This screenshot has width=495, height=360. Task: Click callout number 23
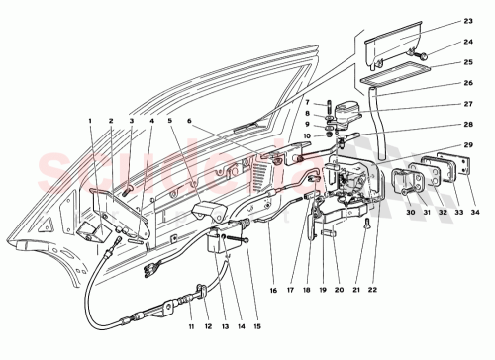(x=468, y=20)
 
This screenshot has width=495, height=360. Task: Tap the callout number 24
(x=468, y=42)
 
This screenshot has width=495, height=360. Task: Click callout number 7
(x=307, y=103)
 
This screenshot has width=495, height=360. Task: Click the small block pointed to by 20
(x=328, y=234)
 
